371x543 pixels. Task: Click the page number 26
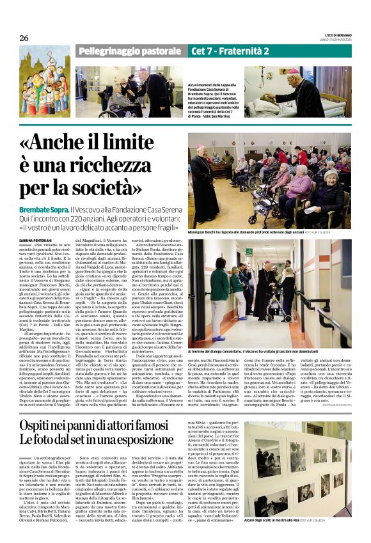[x=24, y=38]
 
